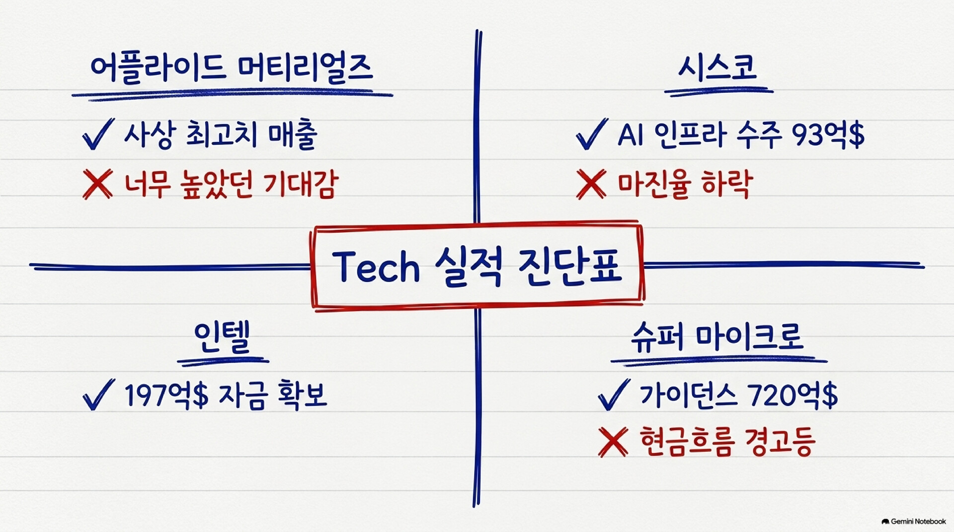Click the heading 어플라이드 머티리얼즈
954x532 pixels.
pos(232,68)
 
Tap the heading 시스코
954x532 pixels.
pos(717,67)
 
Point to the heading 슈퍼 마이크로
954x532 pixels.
pos(716,337)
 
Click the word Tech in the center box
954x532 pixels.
pos(376,266)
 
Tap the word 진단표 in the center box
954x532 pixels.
pos(569,266)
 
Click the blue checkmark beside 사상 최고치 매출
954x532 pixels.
pos(98,133)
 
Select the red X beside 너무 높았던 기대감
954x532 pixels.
pos(98,184)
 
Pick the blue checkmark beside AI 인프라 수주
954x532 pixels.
pos(592,133)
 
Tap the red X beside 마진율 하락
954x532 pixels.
pos(591,184)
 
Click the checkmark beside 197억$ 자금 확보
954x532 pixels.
pos(98,395)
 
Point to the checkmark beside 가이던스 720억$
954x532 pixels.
pos(614,395)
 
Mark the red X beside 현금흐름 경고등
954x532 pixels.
pos(613,442)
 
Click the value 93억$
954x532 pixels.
pos(828,134)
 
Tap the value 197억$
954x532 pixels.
pos(166,396)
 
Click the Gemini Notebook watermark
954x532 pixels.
pos(914,522)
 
